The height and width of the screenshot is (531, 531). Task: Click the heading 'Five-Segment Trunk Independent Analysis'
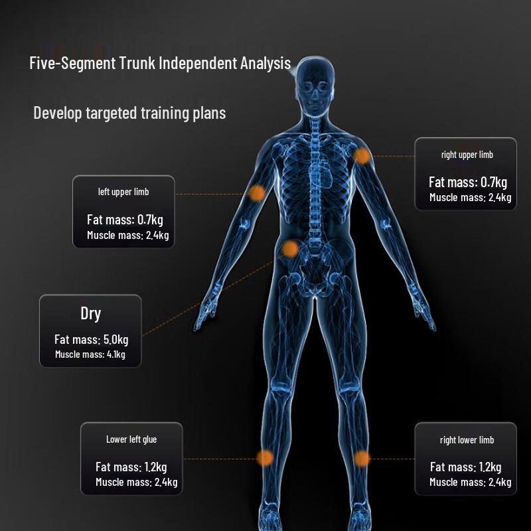click(x=160, y=64)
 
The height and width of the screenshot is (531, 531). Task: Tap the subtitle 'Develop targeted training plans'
click(x=129, y=113)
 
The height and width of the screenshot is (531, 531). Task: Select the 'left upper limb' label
click(x=123, y=192)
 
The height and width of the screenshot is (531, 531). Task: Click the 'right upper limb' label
click(x=467, y=155)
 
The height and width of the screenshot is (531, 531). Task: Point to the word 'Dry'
click(x=90, y=313)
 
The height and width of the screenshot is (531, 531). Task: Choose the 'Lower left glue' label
click(x=131, y=439)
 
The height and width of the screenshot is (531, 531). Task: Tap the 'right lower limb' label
click(x=467, y=440)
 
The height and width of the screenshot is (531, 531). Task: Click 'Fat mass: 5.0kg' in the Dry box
click(x=91, y=340)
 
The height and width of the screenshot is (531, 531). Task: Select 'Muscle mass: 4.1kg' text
click(x=90, y=354)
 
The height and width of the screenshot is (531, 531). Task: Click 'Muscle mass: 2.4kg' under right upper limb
click(x=470, y=197)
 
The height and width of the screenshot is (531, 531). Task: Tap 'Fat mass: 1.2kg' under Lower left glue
click(x=131, y=467)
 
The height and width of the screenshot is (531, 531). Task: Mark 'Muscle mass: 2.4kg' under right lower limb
click(x=470, y=482)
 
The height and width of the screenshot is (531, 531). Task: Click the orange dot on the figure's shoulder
click(x=362, y=156)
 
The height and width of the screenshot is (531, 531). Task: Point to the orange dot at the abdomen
click(x=290, y=249)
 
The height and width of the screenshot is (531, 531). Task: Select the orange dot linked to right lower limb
click(x=362, y=458)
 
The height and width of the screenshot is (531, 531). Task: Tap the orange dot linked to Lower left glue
click(x=265, y=457)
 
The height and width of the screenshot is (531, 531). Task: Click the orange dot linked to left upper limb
click(x=257, y=193)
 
